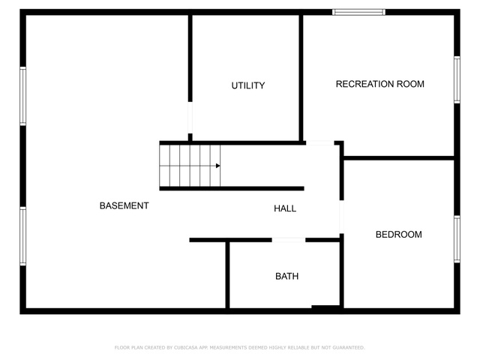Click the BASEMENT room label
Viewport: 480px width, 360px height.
tap(124, 205)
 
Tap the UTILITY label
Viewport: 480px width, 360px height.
tap(248, 85)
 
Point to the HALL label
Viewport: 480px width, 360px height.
tap(285, 208)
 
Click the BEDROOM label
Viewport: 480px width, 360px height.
tap(398, 235)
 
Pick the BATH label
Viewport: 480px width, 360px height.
tap(286, 277)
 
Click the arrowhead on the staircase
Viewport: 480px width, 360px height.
tap(218, 166)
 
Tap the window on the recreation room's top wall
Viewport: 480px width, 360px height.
tap(358, 12)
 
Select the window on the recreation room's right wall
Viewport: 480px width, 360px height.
tap(457, 79)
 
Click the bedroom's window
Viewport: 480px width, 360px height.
tap(457, 239)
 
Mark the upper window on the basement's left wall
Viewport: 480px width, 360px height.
tap(23, 96)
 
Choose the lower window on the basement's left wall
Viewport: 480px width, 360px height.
tap(23, 236)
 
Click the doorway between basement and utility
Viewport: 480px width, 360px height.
tap(190, 118)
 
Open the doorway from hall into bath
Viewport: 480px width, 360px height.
tap(289, 240)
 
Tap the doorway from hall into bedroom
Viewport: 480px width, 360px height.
tap(342, 217)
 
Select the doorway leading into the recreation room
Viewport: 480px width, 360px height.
tap(320, 143)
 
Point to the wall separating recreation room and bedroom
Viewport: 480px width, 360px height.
tap(399, 158)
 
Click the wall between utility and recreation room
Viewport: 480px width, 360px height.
tap(301, 78)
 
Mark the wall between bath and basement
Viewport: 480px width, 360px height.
tap(227, 274)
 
